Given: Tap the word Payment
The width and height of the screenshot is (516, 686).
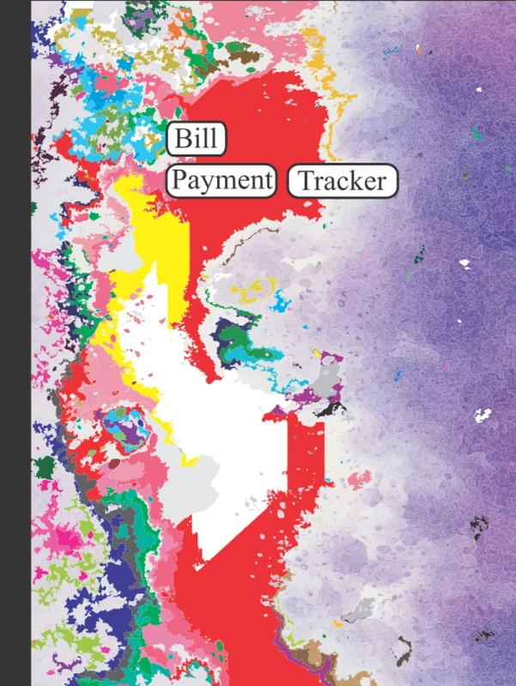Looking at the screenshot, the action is coord(220,181).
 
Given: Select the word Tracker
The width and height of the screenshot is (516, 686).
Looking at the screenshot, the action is coord(343,182).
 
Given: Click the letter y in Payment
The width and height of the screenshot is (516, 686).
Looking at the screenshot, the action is coord(203,184).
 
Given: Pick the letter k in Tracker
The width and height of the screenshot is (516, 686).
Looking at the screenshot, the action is coord(360,181).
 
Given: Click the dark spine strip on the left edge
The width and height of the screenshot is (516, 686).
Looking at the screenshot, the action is coord(15,343).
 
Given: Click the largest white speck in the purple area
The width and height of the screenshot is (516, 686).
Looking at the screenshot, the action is coord(484,418).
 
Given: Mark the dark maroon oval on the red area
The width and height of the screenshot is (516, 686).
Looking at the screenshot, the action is coord(115,463).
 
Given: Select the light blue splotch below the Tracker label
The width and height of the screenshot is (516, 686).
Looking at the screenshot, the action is coord(279,302).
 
